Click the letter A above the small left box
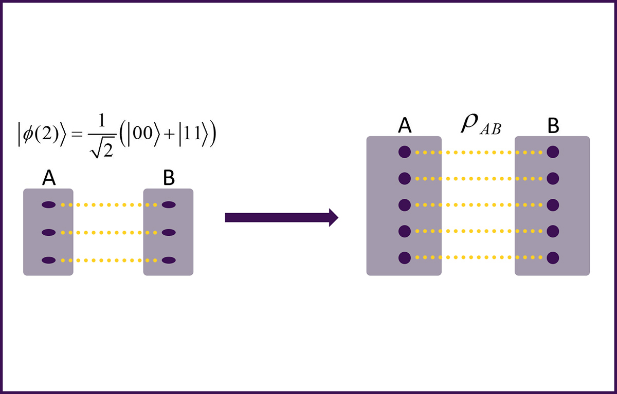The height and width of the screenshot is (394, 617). click(49, 178)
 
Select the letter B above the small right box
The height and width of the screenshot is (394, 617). click(169, 178)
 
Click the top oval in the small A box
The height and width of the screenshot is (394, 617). click(49, 205)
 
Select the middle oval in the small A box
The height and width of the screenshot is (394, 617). click(49, 233)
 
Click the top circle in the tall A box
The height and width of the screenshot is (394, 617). click(405, 152)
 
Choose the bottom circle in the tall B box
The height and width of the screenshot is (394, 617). click(553, 257)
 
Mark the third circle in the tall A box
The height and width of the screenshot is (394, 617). click(405, 204)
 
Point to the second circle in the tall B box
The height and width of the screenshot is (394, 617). click(553, 178)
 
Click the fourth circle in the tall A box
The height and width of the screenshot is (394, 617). click(405, 231)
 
